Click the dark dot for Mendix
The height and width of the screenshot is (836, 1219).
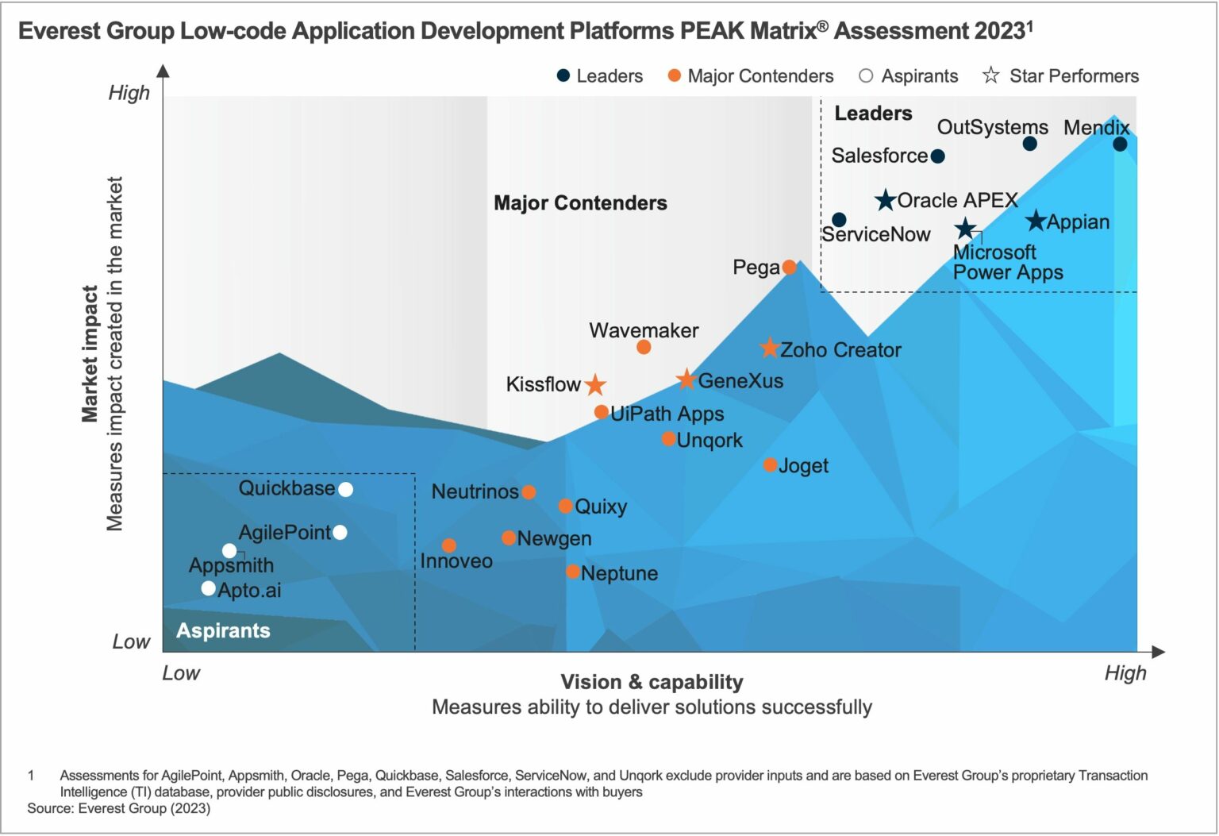coord(1120,144)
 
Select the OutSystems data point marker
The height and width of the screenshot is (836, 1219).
coord(1029,144)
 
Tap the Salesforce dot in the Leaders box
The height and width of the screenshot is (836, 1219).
coord(937,156)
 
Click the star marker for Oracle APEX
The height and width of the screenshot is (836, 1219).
coord(886,200)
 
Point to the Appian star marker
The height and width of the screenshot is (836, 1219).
coord(1036,221)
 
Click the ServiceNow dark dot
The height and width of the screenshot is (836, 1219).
coord(839,219)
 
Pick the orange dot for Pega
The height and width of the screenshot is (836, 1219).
coord(789,267)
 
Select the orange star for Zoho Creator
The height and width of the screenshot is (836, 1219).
coord(769,349)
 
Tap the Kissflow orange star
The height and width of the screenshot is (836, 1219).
coord(595,385)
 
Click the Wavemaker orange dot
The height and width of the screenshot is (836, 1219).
coord(644,347)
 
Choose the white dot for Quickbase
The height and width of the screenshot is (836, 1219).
coord(345,489)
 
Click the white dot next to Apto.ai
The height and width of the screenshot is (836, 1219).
coord(208,588)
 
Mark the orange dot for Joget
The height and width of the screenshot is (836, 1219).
coord(770,464)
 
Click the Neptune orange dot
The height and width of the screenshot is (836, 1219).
coord(573,572)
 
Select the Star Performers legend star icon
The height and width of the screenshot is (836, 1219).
coord(990,75)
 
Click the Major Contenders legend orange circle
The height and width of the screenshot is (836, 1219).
coord(675,76)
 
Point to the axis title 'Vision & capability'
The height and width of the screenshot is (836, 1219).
coord(652,682)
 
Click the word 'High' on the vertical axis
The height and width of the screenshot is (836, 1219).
coord(129,93)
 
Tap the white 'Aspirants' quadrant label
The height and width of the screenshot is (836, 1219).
coord(223,630)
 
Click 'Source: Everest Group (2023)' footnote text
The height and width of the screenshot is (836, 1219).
coord(119,808)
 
